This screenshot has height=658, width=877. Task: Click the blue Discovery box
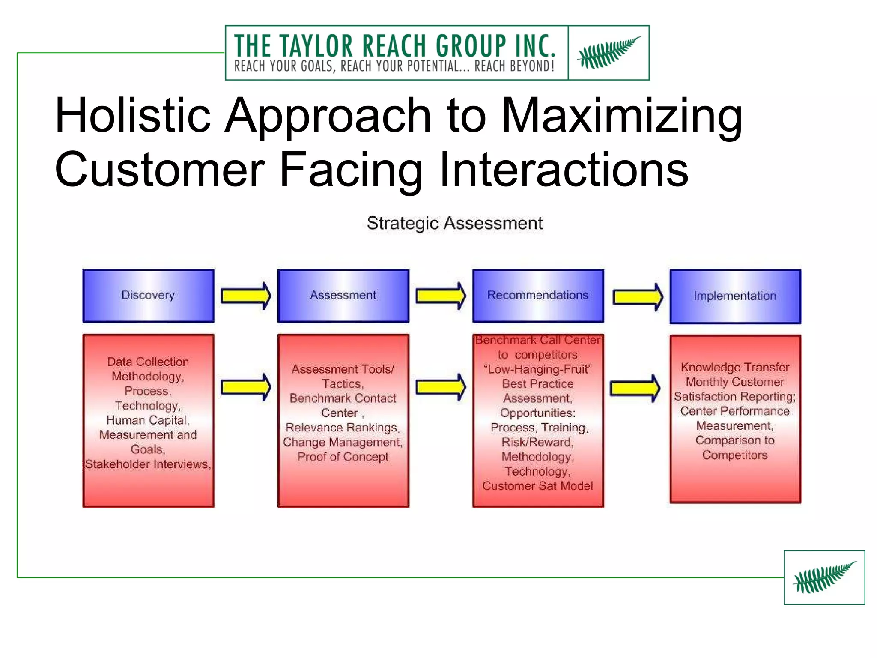click(148, 296)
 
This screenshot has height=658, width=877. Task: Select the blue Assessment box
click(343, 296)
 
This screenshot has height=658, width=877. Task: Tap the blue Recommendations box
click(538, 296)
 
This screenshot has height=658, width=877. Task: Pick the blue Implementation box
click(735, 296)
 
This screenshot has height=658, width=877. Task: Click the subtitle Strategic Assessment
click(454, 224)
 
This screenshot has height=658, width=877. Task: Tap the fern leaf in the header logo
click(609, 53)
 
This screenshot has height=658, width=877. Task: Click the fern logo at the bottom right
click(824, 577)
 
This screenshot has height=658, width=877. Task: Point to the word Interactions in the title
click(564, 170)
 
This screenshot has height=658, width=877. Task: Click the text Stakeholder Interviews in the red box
click(147, 464)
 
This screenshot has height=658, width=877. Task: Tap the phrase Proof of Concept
click(343, 457)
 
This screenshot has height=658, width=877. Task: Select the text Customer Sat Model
click(538, 486)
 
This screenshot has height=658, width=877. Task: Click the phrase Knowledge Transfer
click(735, 367)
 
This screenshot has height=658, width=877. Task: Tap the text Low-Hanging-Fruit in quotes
click(538, 369)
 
